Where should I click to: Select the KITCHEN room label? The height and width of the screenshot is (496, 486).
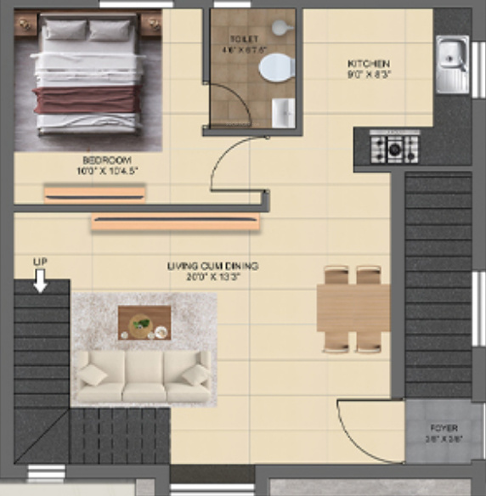coord(368,64)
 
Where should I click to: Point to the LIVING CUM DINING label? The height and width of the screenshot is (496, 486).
coord(212,266)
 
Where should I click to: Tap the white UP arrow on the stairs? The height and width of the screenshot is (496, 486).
coord(40,281)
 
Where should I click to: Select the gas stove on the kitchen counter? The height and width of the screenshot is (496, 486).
coord(393,149)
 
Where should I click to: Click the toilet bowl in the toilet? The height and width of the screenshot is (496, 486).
coord(274,68)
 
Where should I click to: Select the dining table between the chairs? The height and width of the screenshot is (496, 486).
coord(353,307)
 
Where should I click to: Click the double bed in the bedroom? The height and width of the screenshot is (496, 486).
coord(87,81)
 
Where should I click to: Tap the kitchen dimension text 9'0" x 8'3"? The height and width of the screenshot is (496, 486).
coord(368,74)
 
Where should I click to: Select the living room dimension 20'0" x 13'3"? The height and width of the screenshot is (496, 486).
coord(212,276)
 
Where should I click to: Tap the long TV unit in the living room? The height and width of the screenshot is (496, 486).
coord(175,223)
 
